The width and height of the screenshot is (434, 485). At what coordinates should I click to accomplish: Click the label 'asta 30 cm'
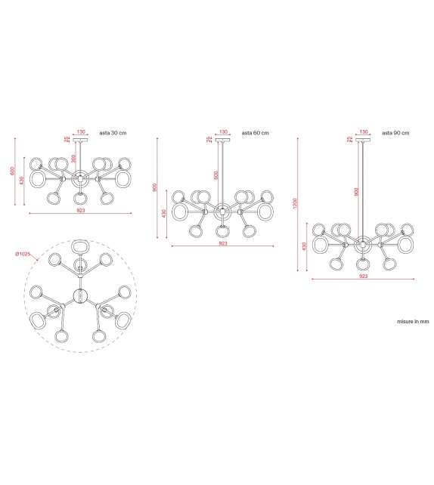point(113,132)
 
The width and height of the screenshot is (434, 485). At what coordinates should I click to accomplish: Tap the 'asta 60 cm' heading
point(256,132)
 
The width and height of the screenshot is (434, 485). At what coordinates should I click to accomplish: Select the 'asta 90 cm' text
point(395,132)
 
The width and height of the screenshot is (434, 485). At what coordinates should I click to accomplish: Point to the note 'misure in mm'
point(413,321)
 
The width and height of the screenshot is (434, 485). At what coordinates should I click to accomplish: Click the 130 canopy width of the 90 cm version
point(364,131)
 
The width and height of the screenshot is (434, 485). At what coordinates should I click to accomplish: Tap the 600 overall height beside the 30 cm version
point(13,171)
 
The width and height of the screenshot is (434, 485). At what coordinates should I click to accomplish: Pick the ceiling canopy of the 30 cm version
point(80,141)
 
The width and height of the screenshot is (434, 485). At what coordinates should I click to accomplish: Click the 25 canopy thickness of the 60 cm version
point(208,139)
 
